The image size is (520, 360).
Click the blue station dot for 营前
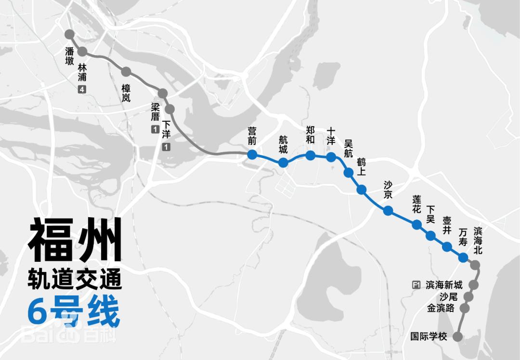(251, 154)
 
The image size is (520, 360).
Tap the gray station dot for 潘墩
(69, 35)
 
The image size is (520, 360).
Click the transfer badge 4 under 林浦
(82, 89)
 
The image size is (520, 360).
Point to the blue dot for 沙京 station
(388, 210)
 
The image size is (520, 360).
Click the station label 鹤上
(362, 167)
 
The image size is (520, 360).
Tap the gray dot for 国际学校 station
(458, 337)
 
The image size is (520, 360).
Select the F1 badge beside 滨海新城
(416, 285)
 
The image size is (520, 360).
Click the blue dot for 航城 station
(283, 163)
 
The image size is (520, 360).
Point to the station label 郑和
(311, 135)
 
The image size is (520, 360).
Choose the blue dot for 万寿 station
(463, 257)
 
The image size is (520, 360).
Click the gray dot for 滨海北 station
(475, 265)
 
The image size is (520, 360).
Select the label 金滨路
(441, 308)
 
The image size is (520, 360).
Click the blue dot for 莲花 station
(417, 224)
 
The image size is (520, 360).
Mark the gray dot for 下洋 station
(169, 108)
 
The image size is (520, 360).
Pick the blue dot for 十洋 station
(331, 157)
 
